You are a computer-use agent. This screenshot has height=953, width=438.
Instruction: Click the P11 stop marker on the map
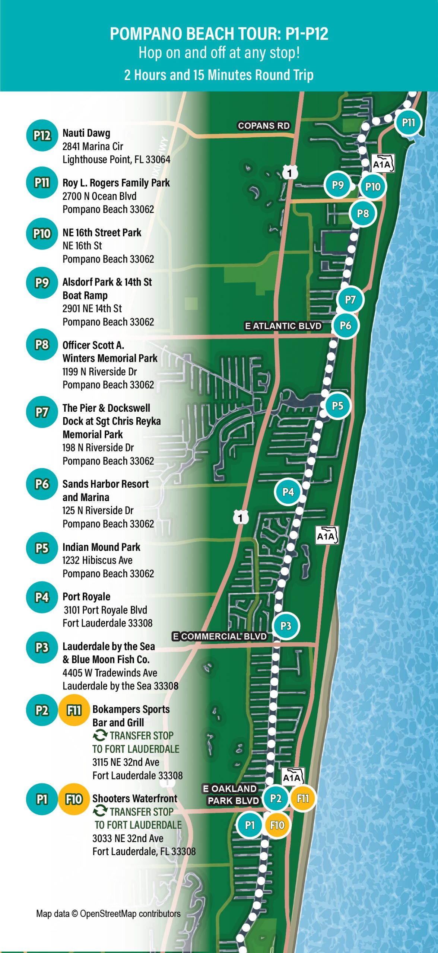point(408,122)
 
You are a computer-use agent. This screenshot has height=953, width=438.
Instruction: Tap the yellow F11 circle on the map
point(303,798)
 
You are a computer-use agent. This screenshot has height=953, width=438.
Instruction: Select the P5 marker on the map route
point(337,405)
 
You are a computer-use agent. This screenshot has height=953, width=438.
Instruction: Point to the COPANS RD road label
point(264,126)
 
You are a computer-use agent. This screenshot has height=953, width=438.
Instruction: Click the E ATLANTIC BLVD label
point(283,326)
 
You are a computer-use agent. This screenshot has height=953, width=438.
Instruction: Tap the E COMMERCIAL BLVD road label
point(220,636)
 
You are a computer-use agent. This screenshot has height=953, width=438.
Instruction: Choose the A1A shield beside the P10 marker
point(383,163)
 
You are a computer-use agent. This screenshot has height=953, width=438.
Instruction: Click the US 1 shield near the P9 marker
point(290,173)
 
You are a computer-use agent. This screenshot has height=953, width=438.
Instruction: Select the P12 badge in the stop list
point(42,136)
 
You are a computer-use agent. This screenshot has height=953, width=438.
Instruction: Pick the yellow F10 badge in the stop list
point(74,799)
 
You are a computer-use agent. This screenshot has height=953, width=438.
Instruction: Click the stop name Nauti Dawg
point(86,133)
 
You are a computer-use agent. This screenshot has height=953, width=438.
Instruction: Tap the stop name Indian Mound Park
point(101,547)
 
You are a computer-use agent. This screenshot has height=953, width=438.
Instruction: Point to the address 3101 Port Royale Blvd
point(105,610)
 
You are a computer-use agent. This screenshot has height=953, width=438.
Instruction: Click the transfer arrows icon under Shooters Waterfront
point(100,811)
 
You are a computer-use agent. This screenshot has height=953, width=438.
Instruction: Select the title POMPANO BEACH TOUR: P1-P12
point(219,34)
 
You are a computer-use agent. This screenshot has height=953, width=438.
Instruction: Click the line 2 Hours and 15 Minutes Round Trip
point(219,75)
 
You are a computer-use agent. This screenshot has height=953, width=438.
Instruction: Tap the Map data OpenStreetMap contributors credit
point(108,913)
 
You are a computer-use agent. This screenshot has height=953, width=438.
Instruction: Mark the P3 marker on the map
point(286,626)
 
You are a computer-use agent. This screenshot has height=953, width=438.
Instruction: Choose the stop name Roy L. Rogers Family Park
point(116,183)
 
